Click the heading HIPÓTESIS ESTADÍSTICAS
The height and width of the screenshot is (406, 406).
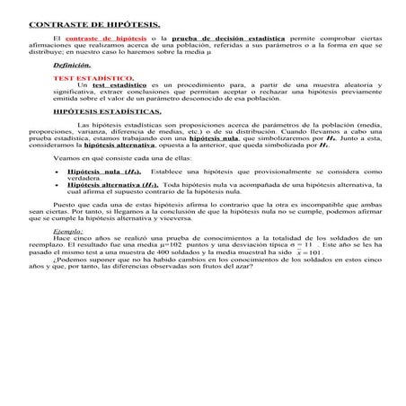[x=107, y=112]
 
